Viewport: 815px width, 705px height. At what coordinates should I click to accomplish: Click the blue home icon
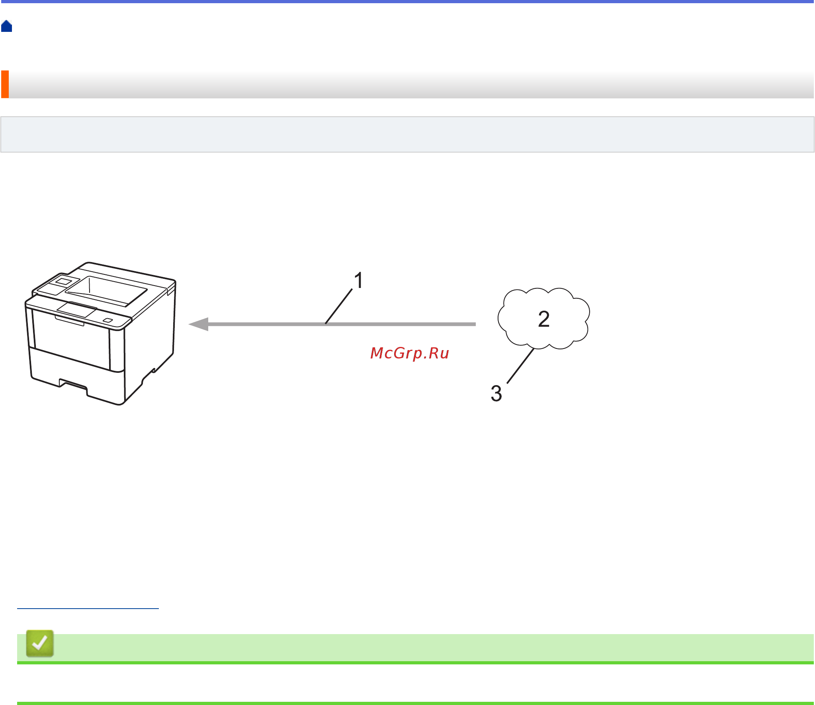[x=6, y=26]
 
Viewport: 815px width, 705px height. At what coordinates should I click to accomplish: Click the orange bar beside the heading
[x=5, y=84]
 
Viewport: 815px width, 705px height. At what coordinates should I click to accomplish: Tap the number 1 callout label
[x=359, y=280]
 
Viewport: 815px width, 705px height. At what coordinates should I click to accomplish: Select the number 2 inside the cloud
[x=544, y=319]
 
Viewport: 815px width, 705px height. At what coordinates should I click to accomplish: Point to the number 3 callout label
[x=496, y=394]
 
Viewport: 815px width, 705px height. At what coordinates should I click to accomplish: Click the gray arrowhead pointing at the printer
[x=198, y=324]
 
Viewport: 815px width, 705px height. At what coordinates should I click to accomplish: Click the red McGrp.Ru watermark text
[x=410, y=353]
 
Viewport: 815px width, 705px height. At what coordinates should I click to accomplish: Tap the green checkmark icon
[x=40, y=643]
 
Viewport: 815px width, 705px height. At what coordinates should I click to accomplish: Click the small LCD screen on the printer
[x=63, y=281]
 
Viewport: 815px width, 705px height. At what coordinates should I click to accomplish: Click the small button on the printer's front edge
[x=107, y=321]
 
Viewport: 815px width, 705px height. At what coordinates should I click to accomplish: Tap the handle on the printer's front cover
[x=70, y=321]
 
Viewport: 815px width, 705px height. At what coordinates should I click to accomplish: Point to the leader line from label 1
[x=339, y=306]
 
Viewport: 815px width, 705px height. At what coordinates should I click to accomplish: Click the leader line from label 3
[x=520, y=366]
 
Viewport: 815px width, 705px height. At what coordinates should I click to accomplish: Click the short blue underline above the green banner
[x=88, y=608]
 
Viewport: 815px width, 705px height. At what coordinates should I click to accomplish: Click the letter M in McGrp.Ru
[x=376, y=353]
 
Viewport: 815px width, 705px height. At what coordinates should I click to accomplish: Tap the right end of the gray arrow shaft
[x=475, y=324]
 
